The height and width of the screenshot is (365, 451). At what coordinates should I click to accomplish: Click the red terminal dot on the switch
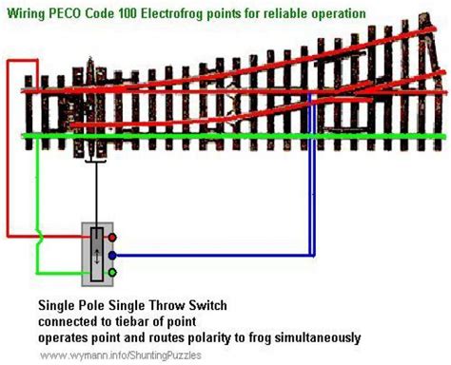click(x=112, y=238)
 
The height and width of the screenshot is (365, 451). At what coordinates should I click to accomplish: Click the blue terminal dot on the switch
click(x=112, y=255)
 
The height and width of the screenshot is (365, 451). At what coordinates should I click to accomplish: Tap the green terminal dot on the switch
click(x=112, y=273)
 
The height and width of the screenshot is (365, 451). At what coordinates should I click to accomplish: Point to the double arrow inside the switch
click(x=97, y=257)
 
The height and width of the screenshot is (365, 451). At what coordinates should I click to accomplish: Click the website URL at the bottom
click(x=121, y=355)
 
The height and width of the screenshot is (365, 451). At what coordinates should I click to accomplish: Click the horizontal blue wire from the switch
click(x=213, y=255)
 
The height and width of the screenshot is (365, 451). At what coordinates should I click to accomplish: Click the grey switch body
click(x=97, y=255)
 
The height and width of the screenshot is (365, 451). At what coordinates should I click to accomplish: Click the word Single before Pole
click(x=54, y=306)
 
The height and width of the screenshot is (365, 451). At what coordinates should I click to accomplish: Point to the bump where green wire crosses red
click(x=40, y=237)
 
